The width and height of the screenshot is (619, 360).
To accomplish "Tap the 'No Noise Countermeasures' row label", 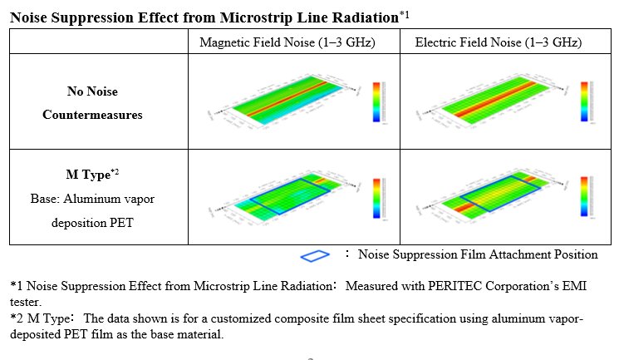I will pyautogui.click(x=92, y=103).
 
